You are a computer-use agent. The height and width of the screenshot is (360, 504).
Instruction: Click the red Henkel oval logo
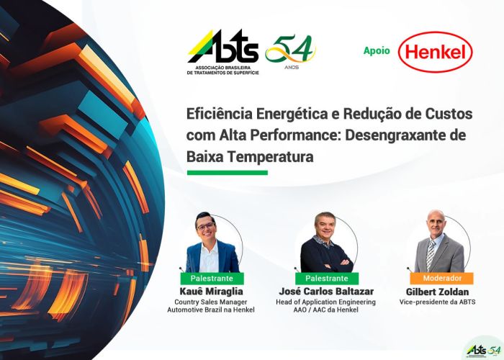point(435,52)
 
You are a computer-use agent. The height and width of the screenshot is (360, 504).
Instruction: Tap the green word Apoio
point(377,51)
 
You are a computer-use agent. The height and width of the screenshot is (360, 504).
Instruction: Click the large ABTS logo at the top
point(223,52)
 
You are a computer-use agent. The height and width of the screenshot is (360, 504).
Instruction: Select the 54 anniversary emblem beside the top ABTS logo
point(291,51)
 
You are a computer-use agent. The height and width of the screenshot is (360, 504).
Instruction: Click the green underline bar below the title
point(228,173)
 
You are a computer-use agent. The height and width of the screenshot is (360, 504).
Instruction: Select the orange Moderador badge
point(441,278)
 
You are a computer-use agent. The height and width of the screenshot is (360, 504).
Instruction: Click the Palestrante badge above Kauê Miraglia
point(212,279)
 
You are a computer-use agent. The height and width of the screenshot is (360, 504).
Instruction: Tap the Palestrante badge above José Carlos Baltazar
point(327,279)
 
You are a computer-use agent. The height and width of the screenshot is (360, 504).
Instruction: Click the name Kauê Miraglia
point(211,292)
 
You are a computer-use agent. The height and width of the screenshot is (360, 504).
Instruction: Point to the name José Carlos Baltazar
point(326,292)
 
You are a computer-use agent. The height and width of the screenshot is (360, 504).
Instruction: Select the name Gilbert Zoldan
point(437,292)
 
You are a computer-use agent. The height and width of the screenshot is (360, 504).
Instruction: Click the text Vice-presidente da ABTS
point(437,302)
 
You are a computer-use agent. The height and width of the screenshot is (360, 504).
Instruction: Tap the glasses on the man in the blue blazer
point(206,226)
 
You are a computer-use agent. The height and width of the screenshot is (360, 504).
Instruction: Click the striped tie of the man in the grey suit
point(431,254)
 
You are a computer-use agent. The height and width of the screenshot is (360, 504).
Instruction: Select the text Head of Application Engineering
point(325,302)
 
